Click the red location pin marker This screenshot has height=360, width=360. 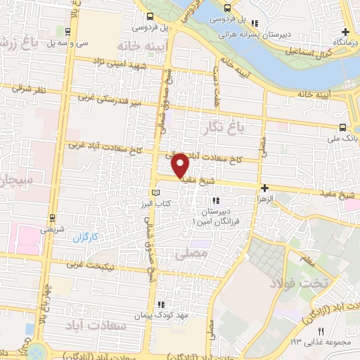[181, 165]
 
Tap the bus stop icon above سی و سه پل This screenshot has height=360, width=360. [67, 31]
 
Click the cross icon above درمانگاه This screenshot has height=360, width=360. [345, 32]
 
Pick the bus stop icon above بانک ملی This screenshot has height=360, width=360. [342, 127]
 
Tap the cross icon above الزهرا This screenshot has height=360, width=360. [264, 188]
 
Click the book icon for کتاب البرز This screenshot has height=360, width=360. [156, 193]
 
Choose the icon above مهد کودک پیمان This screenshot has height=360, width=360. [161, 304]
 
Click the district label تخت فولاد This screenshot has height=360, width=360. [291, 283]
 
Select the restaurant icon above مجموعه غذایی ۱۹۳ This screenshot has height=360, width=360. [321, 330]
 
